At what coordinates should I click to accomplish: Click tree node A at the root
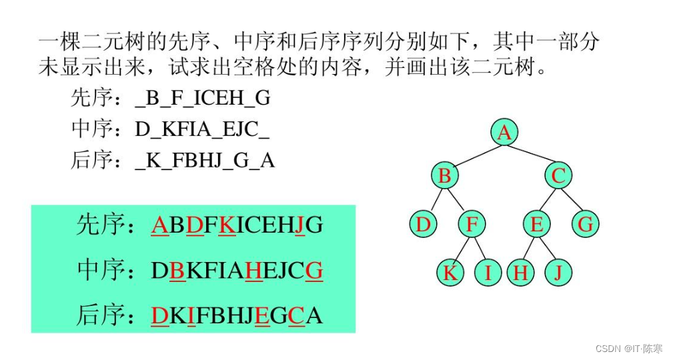tap(504, 132)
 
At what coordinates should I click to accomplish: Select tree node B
tap(445, 175)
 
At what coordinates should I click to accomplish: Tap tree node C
tap(558, 175)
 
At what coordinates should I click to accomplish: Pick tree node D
tap(423, 224)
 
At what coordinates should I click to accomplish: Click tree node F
tap(472, 224)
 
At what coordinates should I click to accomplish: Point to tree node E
tap(537, 224)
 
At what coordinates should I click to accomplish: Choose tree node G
tap(586, 224)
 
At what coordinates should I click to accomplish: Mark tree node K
tap(450, 273)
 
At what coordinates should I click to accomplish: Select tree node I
tap(488, 273)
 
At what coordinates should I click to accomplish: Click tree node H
tap(521, 273)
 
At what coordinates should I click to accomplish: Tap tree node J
tap(558, 273)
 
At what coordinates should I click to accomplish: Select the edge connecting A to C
tap(532, 155)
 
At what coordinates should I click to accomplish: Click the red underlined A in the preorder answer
tap(159, 225)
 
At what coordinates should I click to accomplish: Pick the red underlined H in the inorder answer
tap(253, 271)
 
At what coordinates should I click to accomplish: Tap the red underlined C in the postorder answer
tap(296, 316)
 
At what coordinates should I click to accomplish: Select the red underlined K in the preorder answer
tap(227, 225)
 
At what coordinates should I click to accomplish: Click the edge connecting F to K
tap(460, 249)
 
